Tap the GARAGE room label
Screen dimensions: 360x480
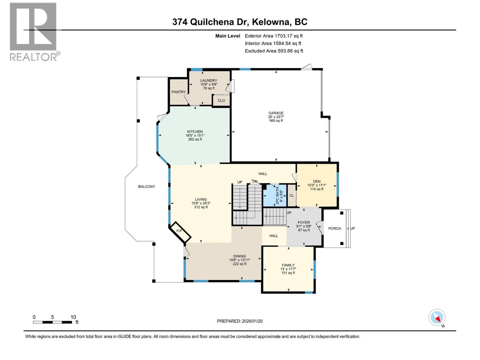tap(276, 113)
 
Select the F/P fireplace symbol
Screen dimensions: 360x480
tap(179, 231)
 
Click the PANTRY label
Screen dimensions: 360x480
tap(178, 92)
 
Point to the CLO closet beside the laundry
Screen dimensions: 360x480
tap(221, 100)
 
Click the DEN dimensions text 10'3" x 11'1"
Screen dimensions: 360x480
tap(316, 185)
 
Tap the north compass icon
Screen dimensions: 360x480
tap(437, 317)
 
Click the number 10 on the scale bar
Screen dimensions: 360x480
tap(73, 317)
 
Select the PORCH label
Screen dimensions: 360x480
tap(334, 228)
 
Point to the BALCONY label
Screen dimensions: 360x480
tap(146, 187)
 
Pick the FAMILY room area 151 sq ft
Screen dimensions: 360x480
tap(288, 273)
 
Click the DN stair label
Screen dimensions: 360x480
tap(255, 181)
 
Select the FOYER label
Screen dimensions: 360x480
tap(304, 223)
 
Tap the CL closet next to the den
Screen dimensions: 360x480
tap(291, 195)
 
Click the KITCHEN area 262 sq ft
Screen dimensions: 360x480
tap(195, 139)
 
